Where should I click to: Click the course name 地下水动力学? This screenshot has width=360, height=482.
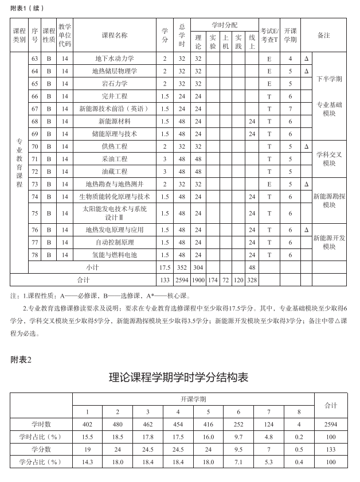point(115,59)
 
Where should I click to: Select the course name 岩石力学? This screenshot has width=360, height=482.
point(115,84)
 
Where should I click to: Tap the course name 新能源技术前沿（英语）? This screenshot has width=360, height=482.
point(115,108)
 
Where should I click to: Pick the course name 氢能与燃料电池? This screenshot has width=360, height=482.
point(115,255)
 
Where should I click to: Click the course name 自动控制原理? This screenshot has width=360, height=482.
point(115,242)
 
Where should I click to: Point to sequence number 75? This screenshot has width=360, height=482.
point(35,213)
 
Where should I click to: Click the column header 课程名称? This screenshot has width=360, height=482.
point(115,35)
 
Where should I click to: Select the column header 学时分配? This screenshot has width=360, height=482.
point(224,25)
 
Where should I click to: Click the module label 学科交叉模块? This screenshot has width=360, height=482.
point(329,158)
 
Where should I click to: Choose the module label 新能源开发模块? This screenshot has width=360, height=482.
point(329,242)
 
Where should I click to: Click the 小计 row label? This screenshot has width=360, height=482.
point(92,267)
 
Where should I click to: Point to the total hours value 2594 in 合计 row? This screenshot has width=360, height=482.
point(182,280)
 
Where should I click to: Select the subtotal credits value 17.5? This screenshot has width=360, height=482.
point(165,267)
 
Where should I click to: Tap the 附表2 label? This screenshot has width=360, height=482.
point(21,359)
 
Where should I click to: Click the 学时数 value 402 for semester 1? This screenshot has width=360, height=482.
point(88,424)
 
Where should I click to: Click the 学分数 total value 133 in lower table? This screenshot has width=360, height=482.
point(331,449)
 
